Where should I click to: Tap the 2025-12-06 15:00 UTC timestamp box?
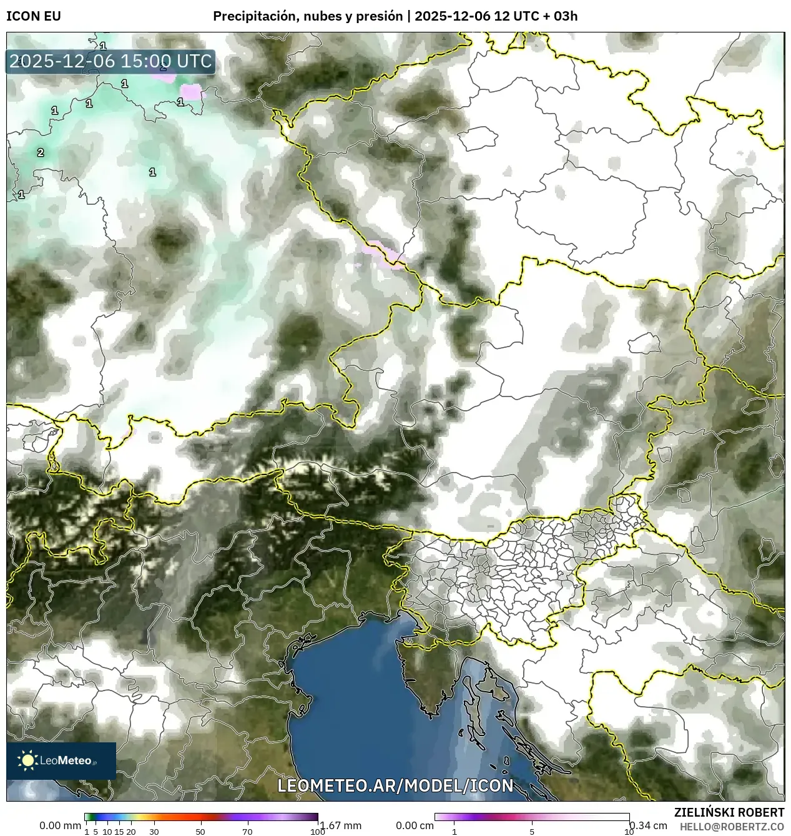click(111, 62)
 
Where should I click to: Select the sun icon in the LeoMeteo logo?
click(27, 760)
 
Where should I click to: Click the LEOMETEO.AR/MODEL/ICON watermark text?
click(395, 785)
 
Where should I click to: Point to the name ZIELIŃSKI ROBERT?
click(729, 812)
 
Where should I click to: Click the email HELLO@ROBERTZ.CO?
click(732, 826)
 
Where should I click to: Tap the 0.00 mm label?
click(60, 825)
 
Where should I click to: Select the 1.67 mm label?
click(340, 825)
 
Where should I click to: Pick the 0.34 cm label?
click(649, 825)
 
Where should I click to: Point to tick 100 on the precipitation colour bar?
click(317, 832)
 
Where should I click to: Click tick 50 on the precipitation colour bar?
click(200, 832)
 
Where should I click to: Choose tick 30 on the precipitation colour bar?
click(154, 832)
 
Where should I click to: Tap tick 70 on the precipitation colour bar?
click(247, 832)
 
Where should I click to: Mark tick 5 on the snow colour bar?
click(532, 832)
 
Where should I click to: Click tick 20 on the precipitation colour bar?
click(131, 832)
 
